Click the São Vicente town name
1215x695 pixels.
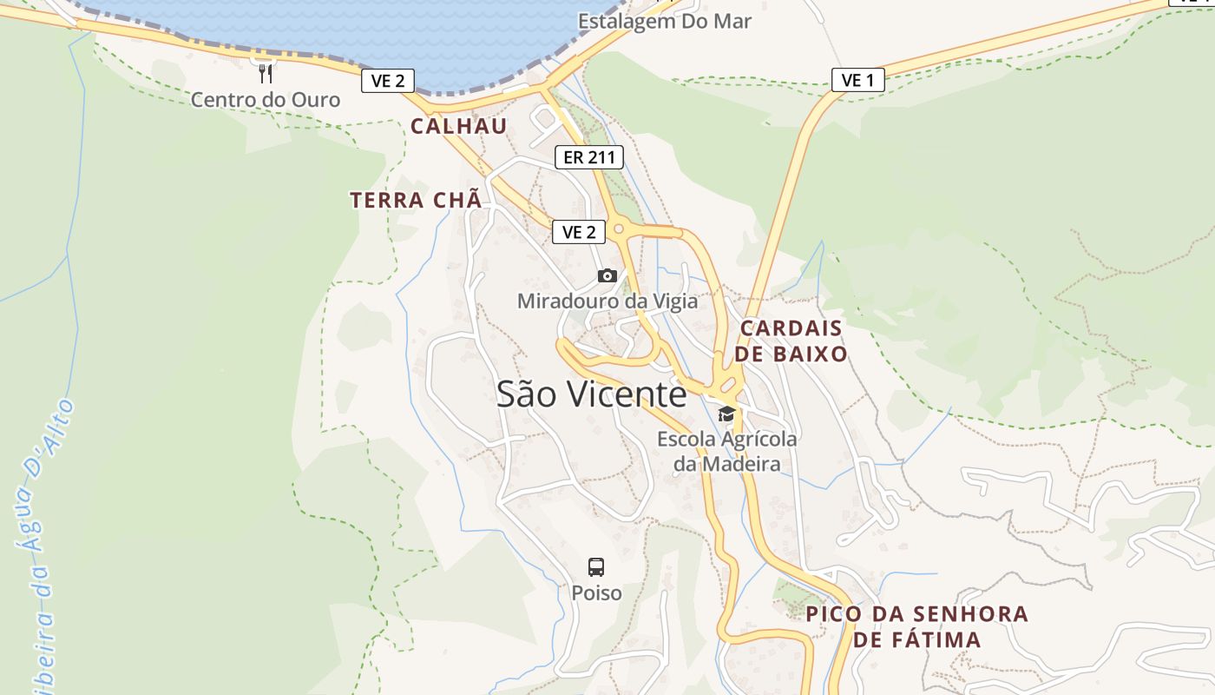tap(592, 394)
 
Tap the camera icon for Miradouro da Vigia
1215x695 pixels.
tap(607, 276)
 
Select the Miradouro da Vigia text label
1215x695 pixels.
tap(607, 301)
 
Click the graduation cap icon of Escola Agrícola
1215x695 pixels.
tap(726, 414)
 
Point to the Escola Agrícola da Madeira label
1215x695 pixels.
tap(726, 452)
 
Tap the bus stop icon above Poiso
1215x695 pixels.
tap(596, 567)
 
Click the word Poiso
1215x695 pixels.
tap(596, 592)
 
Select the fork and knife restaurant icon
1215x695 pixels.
tap(266, 73)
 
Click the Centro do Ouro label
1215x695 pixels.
tap(266, 100)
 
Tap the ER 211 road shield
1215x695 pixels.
tap(589, 157)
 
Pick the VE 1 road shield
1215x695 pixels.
tap(857, 81)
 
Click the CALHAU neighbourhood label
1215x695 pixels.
tap(458, 126)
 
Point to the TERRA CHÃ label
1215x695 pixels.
tap(415, 200)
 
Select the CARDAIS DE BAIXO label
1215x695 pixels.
tap(791, 341)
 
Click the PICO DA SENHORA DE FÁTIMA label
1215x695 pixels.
tap(916, 627)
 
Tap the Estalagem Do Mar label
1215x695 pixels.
tap(665, 21)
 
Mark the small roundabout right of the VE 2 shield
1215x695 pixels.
tap(619, 229)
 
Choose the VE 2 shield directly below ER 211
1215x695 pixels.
tap(579, 232)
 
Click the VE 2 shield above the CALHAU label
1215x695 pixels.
tap(388, 81)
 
